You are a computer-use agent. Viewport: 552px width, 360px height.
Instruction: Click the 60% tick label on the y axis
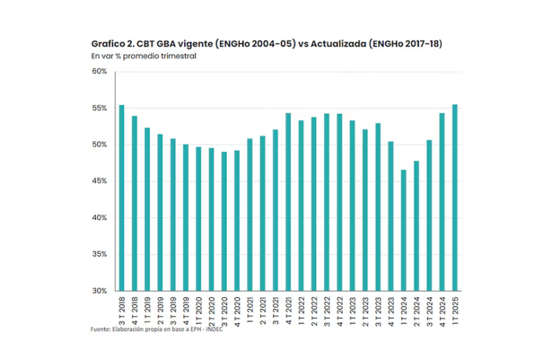tap(99, 72)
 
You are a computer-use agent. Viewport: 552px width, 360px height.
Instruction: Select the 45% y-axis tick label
tap(99, 181)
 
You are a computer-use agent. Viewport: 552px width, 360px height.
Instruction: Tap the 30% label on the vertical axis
tap(99, 291)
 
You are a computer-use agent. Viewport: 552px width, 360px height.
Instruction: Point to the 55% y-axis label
tap(99, 108)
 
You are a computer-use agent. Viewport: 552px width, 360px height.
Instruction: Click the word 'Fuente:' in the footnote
tap(101, 330)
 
